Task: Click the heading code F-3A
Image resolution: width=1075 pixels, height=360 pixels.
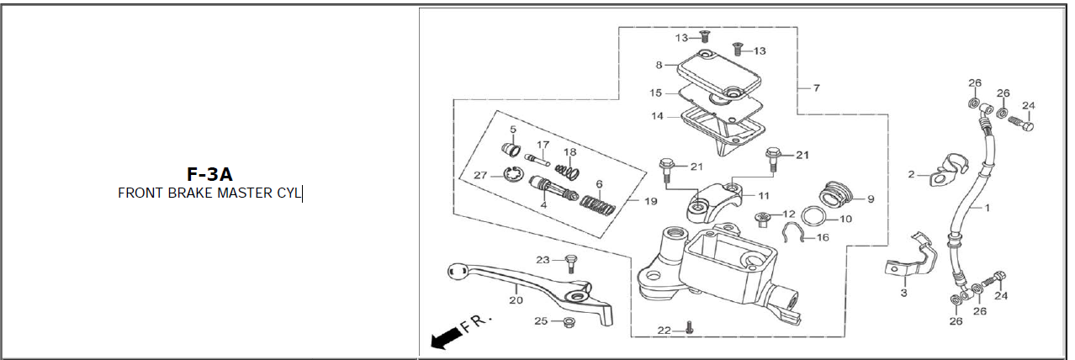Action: [209, 174]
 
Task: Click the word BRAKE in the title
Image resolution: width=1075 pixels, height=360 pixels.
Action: [190, 193]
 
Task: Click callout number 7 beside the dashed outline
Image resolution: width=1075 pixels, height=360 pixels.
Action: [816, 87]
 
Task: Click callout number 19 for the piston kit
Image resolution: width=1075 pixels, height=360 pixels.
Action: [651, 201]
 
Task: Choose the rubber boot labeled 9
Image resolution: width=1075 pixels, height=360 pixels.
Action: [835, 194]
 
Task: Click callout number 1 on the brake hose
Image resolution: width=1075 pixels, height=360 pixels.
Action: [987, 208]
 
